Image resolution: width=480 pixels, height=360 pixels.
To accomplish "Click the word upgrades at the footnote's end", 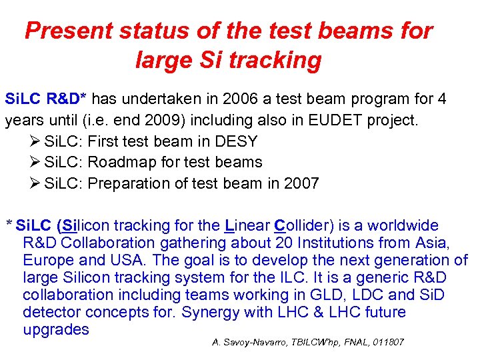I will tap(56, 329).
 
